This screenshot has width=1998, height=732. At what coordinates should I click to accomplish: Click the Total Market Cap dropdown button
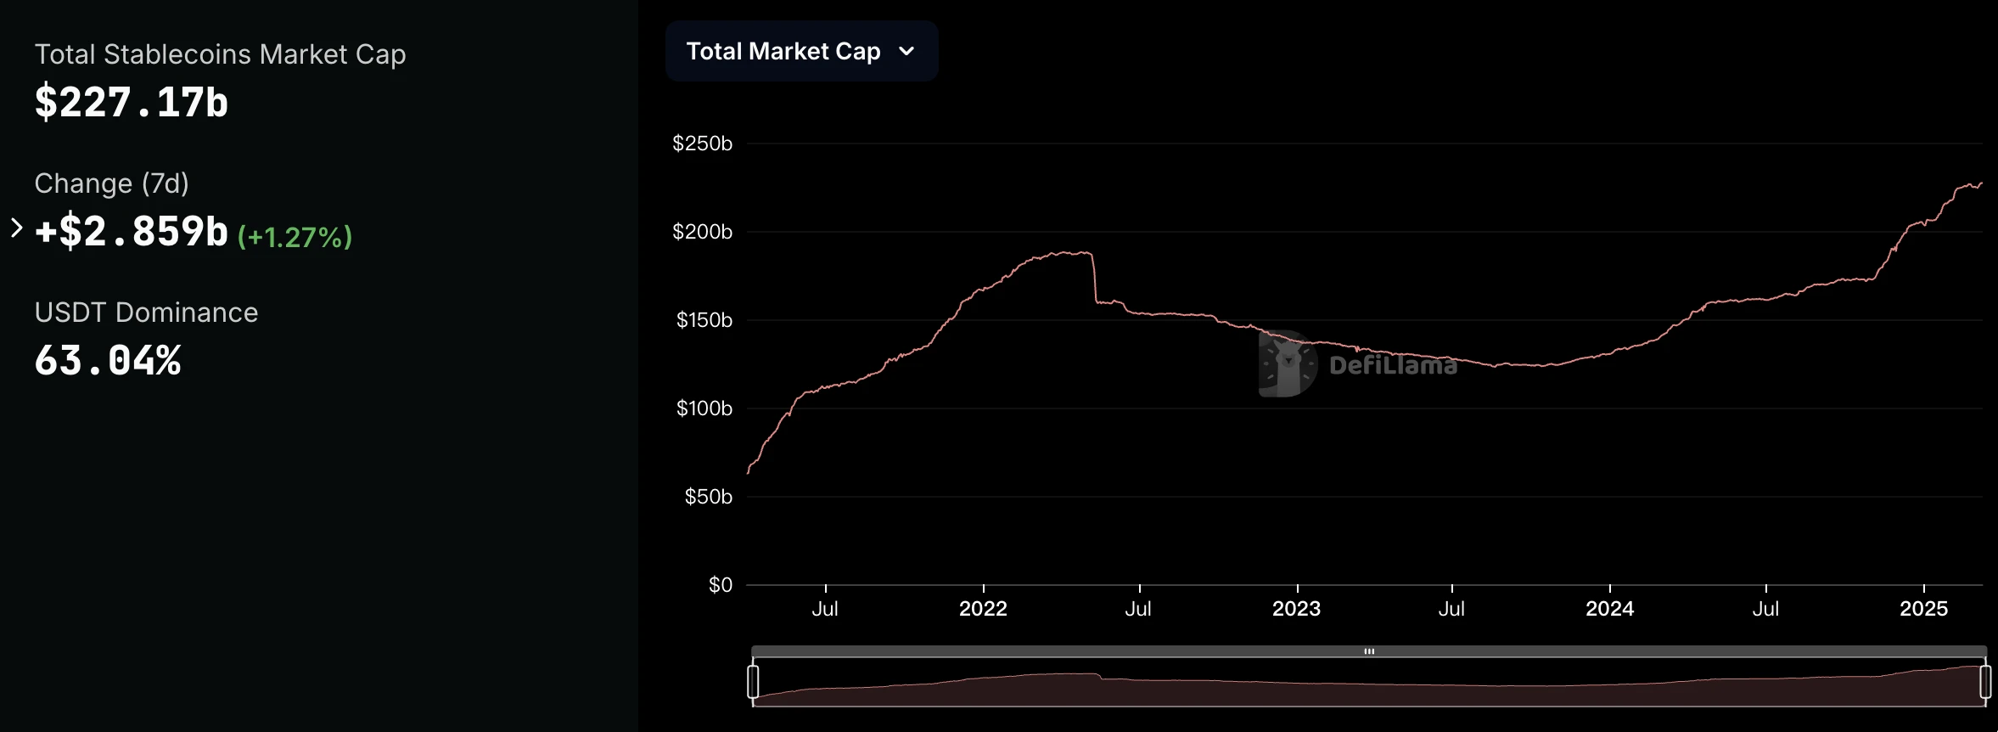click(800, 52)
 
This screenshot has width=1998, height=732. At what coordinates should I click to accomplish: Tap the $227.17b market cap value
click(132, 103)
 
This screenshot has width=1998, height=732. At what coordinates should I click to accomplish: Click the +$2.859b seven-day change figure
click(132, 232)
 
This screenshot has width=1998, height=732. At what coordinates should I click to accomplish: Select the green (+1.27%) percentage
click(295, 237)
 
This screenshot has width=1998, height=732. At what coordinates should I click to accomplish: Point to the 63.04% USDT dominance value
click(108, 361)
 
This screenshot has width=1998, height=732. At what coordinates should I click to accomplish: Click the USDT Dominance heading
click(146, 313)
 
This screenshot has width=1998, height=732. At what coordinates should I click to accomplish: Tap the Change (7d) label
click(111, 183)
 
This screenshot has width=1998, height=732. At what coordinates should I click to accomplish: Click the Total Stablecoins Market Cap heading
click(220, 54)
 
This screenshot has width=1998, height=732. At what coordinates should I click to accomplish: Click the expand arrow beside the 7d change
click(16, 228)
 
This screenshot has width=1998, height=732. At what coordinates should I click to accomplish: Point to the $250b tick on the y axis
click(702, 144)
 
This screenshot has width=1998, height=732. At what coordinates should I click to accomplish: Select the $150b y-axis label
click(704, 320)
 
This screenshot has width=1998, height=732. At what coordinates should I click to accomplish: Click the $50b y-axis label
click(708, 497)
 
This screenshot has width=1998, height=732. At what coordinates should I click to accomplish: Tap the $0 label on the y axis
click(720, 585)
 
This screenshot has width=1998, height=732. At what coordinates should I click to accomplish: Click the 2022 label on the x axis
click(983, 609)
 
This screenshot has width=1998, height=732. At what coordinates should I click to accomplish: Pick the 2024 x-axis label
click(1609, 609)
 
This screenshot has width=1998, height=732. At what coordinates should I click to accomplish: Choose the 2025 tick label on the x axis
click(1923, 609)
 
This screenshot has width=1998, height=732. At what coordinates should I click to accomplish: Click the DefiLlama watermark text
click(1393, 365)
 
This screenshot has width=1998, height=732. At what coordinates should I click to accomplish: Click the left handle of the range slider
click(753, 682)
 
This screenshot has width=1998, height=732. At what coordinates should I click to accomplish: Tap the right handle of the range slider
click(1985, 682)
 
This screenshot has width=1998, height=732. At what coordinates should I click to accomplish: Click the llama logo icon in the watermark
click(1287, 363)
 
